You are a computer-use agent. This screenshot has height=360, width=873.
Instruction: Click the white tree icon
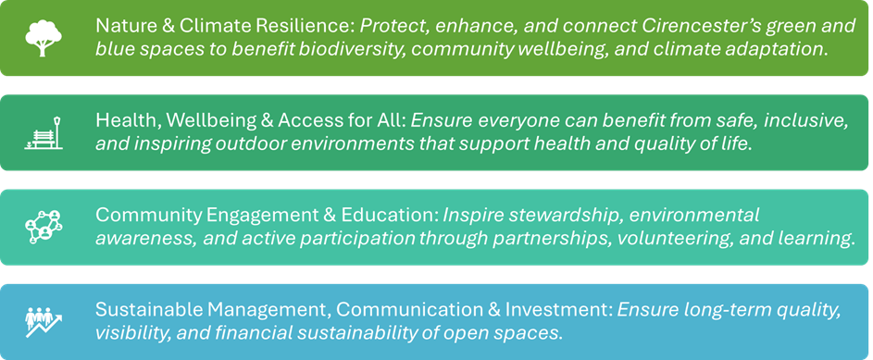[x=44, y=36]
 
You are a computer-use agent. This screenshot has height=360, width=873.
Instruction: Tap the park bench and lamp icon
[x=44, y=133]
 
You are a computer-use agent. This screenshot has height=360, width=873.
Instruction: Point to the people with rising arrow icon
[x=44, y=319]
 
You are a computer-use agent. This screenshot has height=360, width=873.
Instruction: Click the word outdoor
[x=251, y=144]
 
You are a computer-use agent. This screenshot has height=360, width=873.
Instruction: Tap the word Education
[x=388, y=216]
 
